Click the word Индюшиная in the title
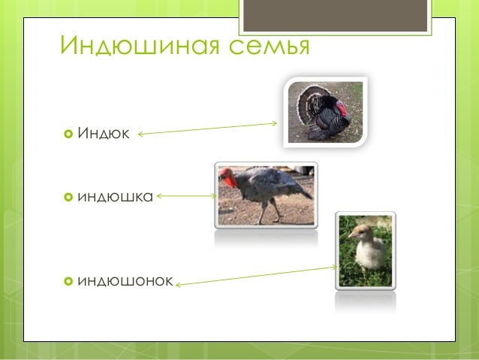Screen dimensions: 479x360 coord(140,45)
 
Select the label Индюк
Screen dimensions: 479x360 coord(104,133)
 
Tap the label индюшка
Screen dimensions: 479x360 coord(115,197)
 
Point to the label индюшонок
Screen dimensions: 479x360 coord(125,281)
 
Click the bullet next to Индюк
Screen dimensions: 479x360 coord(68,134)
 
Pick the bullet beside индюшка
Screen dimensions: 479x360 coord(68,197)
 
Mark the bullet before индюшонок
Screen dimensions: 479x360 coord(68,281)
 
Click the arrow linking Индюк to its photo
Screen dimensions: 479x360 coord(207,129)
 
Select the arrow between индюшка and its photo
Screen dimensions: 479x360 coord(187,195)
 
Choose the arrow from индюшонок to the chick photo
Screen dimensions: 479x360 coord(256,276)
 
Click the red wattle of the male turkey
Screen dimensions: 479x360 coord(342,110)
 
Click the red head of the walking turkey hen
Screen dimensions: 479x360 coord(228,177)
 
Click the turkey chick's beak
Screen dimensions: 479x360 coord(351,235)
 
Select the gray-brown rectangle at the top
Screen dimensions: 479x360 coord(335,16)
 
